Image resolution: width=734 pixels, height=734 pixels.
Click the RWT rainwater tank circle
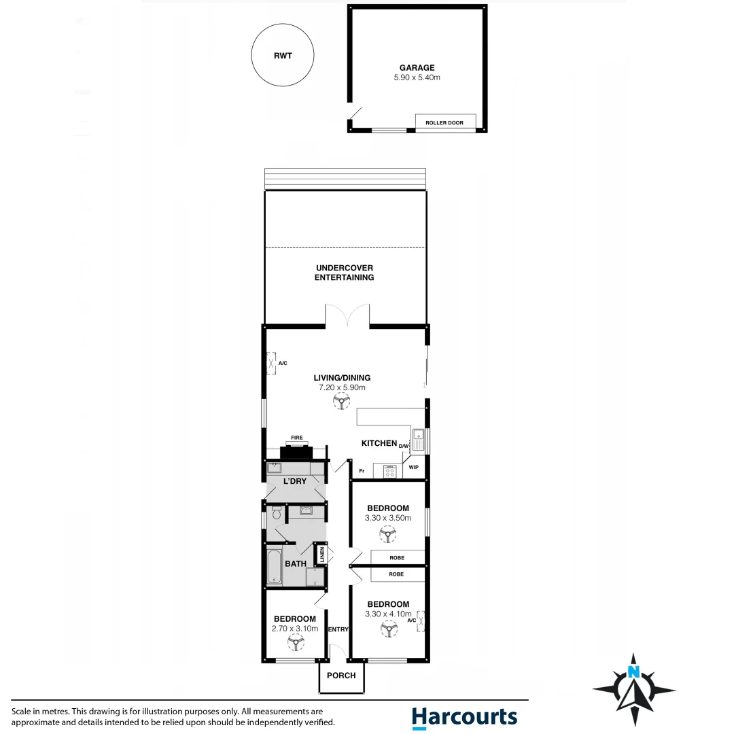[283, 56]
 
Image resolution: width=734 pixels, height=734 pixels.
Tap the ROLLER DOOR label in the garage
[444, 123]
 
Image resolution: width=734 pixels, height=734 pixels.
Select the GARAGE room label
[417, 67]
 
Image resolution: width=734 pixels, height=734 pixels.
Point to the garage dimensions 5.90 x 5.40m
[417, 77]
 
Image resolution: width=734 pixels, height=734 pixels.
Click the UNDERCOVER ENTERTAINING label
[345, 273]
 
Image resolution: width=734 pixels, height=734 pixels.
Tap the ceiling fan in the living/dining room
[341, 402]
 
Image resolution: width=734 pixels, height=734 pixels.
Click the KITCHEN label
[379, 443]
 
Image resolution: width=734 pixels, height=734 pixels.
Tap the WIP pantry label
[414, 468]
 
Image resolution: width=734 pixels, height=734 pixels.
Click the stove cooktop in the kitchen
[390, 471]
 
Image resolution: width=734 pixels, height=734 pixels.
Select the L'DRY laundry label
[296, 481]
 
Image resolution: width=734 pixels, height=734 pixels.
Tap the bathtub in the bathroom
[275, 565]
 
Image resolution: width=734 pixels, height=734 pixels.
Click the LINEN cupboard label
[322, 555]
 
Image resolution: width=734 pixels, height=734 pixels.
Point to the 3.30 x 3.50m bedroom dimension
[388, 518]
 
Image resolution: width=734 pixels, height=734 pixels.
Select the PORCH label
[341, 676]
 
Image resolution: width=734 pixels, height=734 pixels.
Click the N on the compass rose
[634, 673]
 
